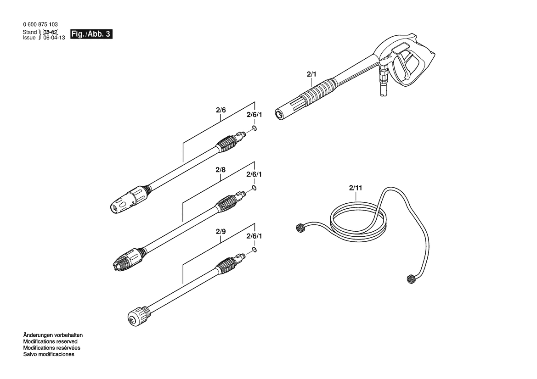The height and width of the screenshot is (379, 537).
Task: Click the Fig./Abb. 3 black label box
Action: pos(91,34)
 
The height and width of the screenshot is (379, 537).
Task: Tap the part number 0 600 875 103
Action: pos(40,24)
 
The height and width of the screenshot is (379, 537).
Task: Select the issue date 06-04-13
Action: pos(54,38)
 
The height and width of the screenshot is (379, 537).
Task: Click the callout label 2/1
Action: pos(311,74)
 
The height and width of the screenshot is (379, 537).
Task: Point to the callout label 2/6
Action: pos(221,110)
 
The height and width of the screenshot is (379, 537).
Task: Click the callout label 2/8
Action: pos(220,170)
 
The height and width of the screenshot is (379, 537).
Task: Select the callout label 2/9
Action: pos(221,232)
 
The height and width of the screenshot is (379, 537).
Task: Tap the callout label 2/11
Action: pos(356,188)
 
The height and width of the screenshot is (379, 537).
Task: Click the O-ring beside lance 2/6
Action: pos(254,128)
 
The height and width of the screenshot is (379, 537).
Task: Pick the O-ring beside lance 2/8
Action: pos(254,188)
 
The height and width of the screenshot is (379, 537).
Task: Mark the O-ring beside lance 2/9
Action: pos(254,249)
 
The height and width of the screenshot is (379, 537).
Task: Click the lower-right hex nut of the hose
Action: pos(411,279)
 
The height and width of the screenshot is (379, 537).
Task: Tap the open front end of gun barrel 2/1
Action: pos(279,114)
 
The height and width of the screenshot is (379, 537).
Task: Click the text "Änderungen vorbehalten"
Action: pos(53,335)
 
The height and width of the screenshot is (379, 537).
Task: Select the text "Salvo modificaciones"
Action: pos(49,354)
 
